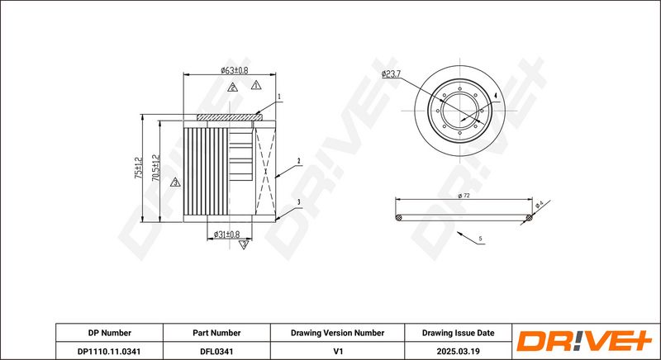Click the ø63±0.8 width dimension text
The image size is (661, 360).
(235, 70)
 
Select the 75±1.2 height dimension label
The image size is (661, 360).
(138, 168)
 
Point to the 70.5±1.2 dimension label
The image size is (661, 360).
(156, 168)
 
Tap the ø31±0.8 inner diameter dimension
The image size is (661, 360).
(226, 234)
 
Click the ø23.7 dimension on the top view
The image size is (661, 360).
(391, 74)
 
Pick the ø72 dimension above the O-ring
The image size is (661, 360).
(464, 196)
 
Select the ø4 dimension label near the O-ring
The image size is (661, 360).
(540, 205)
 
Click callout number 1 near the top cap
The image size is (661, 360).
(278, 97)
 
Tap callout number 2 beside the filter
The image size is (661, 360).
(298, 160)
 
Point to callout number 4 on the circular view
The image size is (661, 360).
(496, 96)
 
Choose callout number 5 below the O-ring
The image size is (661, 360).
(480, 239)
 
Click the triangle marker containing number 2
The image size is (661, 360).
(232, 88)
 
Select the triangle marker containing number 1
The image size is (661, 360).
(256, 85)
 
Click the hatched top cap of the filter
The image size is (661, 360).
(230, 117)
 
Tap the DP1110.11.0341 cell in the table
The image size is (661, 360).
(110, 351)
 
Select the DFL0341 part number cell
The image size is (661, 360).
(216, 351)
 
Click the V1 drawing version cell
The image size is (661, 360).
(337, 351)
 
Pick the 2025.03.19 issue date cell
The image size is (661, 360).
(459, 351)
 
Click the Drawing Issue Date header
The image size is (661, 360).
(459, 333)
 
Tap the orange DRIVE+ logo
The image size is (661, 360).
(584, 341)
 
